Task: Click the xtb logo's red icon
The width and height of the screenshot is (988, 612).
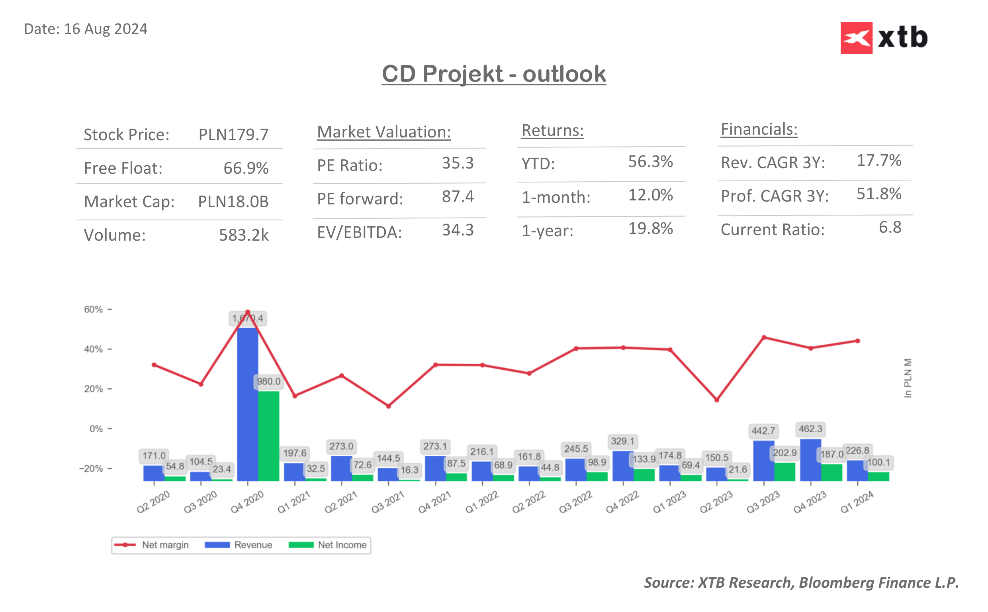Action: point(856,38)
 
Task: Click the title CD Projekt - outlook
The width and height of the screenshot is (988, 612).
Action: point(493,74)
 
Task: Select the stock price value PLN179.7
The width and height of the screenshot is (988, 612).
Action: point(233,135)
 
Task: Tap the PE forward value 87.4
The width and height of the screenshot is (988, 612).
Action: point(458,197)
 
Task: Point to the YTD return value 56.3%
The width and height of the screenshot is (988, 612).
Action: point(650,161)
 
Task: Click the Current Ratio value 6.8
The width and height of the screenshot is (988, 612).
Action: point(889,228)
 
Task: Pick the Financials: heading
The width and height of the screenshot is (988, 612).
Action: point(758,129)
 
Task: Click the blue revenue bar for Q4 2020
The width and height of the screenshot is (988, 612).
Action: point(248,405)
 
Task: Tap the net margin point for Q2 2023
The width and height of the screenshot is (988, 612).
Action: point(717,400)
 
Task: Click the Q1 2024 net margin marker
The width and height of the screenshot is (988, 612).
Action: point(857,341)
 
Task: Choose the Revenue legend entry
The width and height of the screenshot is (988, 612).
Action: point(253,545)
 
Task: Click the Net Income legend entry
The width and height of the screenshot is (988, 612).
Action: point(342,545)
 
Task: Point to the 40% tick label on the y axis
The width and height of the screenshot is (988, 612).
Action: point(94,349)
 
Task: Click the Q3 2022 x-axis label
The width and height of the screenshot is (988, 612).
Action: point(575,502)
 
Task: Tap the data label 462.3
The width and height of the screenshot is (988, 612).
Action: point(810,429)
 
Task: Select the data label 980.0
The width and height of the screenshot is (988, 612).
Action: point(268,381)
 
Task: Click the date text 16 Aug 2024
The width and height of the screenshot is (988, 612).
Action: point(106,29)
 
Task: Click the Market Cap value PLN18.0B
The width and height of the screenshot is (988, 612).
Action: point(233,202)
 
